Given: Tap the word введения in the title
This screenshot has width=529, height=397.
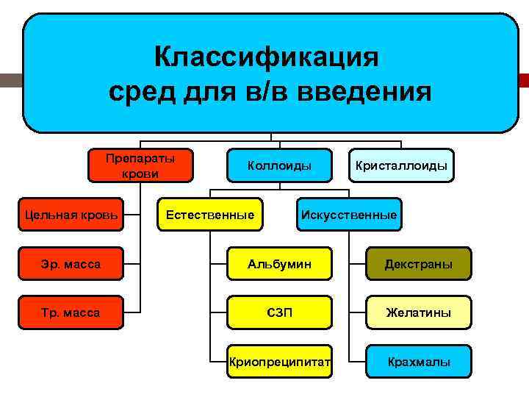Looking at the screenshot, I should click(x=372, y=92).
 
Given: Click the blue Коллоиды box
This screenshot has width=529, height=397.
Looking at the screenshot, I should click(x=279, y=166).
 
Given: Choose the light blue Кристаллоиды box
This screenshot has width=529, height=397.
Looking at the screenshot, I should click(x=401, y=166).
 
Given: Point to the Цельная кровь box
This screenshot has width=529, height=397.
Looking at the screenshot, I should click(x=71, y=215).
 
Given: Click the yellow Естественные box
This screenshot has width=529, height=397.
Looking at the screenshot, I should click(x=210, y=215).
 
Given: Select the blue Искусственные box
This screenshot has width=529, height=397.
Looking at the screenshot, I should click(x=348, y=215).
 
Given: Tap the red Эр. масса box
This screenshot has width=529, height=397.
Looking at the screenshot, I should click(x=71, y=264).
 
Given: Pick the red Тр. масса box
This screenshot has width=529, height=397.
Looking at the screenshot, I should click(x=71, y=312).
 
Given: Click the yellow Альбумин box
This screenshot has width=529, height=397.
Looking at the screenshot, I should click(x=279, y=264).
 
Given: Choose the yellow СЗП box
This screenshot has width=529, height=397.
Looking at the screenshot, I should click(x=279, y=312).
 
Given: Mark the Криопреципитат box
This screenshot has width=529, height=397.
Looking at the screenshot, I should click(x=279, y=362).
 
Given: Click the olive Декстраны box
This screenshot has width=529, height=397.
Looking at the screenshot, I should click(x=418, y=264).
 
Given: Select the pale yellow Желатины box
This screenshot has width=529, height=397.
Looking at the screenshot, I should click(x=418, y=312).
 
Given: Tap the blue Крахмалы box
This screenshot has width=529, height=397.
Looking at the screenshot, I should click(x=418, y=362).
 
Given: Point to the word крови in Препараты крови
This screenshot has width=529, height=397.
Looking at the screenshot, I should click(x=140, y=174).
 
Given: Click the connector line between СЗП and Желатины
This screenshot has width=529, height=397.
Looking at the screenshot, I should click(x=350, y=312).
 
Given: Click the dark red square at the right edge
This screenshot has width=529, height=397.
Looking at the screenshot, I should click(x=524, y=80).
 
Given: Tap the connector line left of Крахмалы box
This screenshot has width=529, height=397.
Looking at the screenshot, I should click(x=358, y=362).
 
